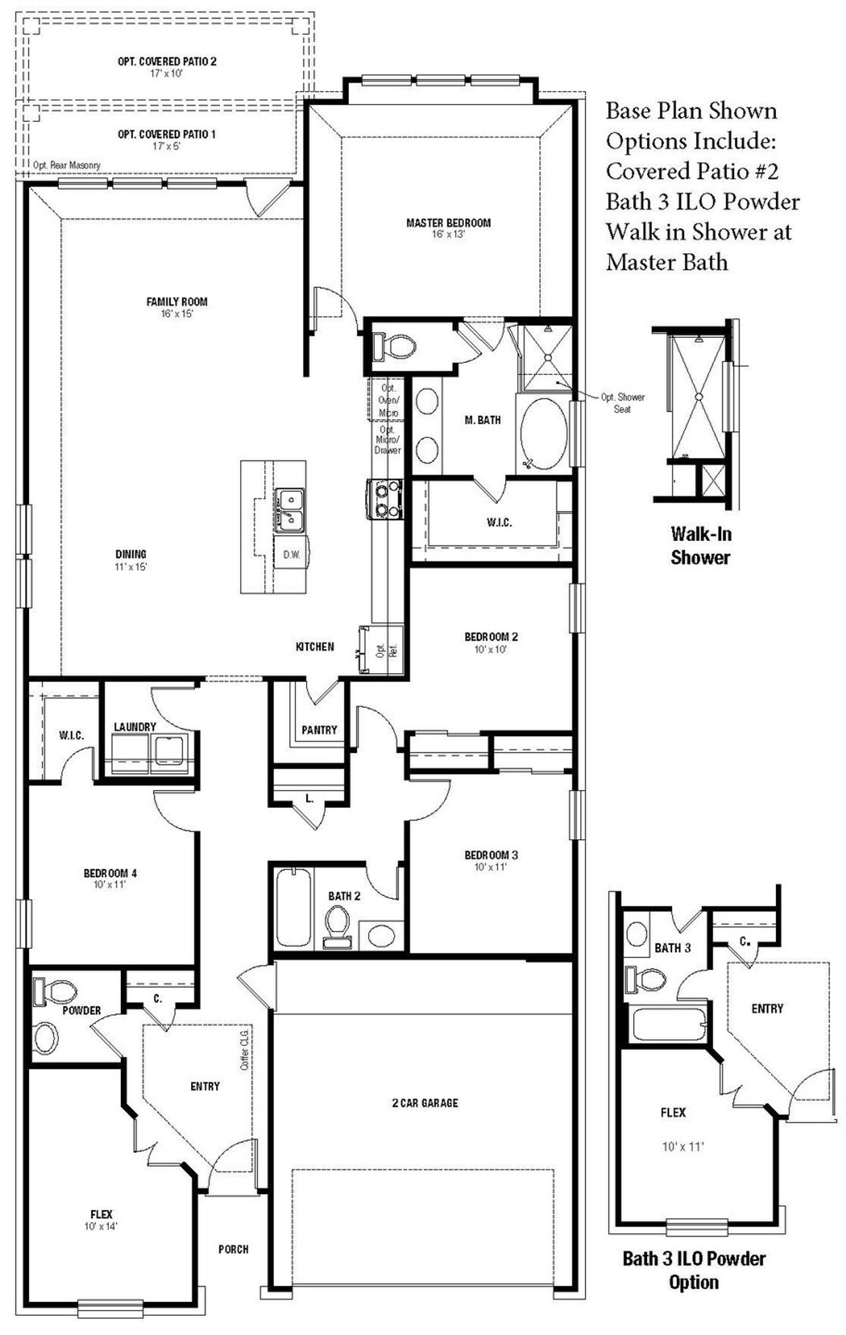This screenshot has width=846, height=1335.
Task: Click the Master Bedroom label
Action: [448, 223]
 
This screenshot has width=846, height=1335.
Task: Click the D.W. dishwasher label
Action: [291, 555]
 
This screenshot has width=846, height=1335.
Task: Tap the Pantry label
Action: [319, 730]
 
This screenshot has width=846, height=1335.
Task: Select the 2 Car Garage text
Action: [424, 1103]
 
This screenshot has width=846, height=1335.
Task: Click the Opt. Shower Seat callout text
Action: [622, 403]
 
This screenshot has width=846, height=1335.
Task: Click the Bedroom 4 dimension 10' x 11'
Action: [110, 884]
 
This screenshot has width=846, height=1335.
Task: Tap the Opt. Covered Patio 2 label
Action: [167, 61]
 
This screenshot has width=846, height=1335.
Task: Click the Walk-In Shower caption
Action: [700, 546]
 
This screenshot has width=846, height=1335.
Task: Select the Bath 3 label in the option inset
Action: [672, 948]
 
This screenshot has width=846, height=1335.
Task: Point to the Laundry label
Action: [135, 727]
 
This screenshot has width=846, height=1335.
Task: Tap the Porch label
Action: [233, 1249]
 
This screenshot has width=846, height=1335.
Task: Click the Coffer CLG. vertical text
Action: [244, 1049]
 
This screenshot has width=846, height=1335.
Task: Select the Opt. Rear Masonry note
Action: [67, 165]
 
